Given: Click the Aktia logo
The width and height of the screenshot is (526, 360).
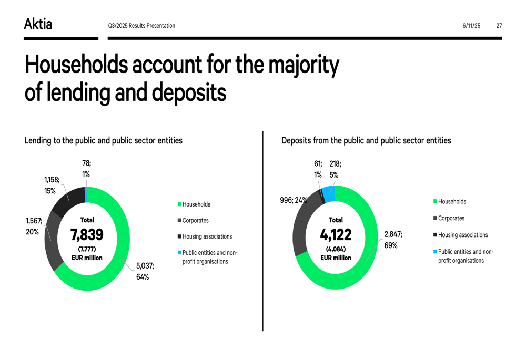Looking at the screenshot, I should (38, 24).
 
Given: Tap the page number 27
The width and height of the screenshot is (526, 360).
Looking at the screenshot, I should (499, 26).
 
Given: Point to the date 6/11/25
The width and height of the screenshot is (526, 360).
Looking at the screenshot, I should (471, 26).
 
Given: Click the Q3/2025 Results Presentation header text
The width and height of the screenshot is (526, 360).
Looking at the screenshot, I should (141, 26).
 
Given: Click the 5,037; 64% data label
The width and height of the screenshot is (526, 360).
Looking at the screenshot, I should (145, 272).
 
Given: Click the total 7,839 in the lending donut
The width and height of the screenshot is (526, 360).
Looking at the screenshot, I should (87, 234).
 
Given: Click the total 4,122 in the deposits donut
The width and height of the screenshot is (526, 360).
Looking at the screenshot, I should (336, 234).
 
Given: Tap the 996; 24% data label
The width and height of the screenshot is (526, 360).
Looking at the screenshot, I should (293, 200).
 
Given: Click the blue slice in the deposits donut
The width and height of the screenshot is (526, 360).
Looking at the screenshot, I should (329, 194).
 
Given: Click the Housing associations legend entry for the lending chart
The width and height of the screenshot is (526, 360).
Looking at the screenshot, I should (207, 236).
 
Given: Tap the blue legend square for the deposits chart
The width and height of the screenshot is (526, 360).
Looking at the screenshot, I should (435, 252).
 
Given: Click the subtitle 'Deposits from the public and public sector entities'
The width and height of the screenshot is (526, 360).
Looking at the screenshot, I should (366, 140).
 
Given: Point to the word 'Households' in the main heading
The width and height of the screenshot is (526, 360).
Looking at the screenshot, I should (76, 65).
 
